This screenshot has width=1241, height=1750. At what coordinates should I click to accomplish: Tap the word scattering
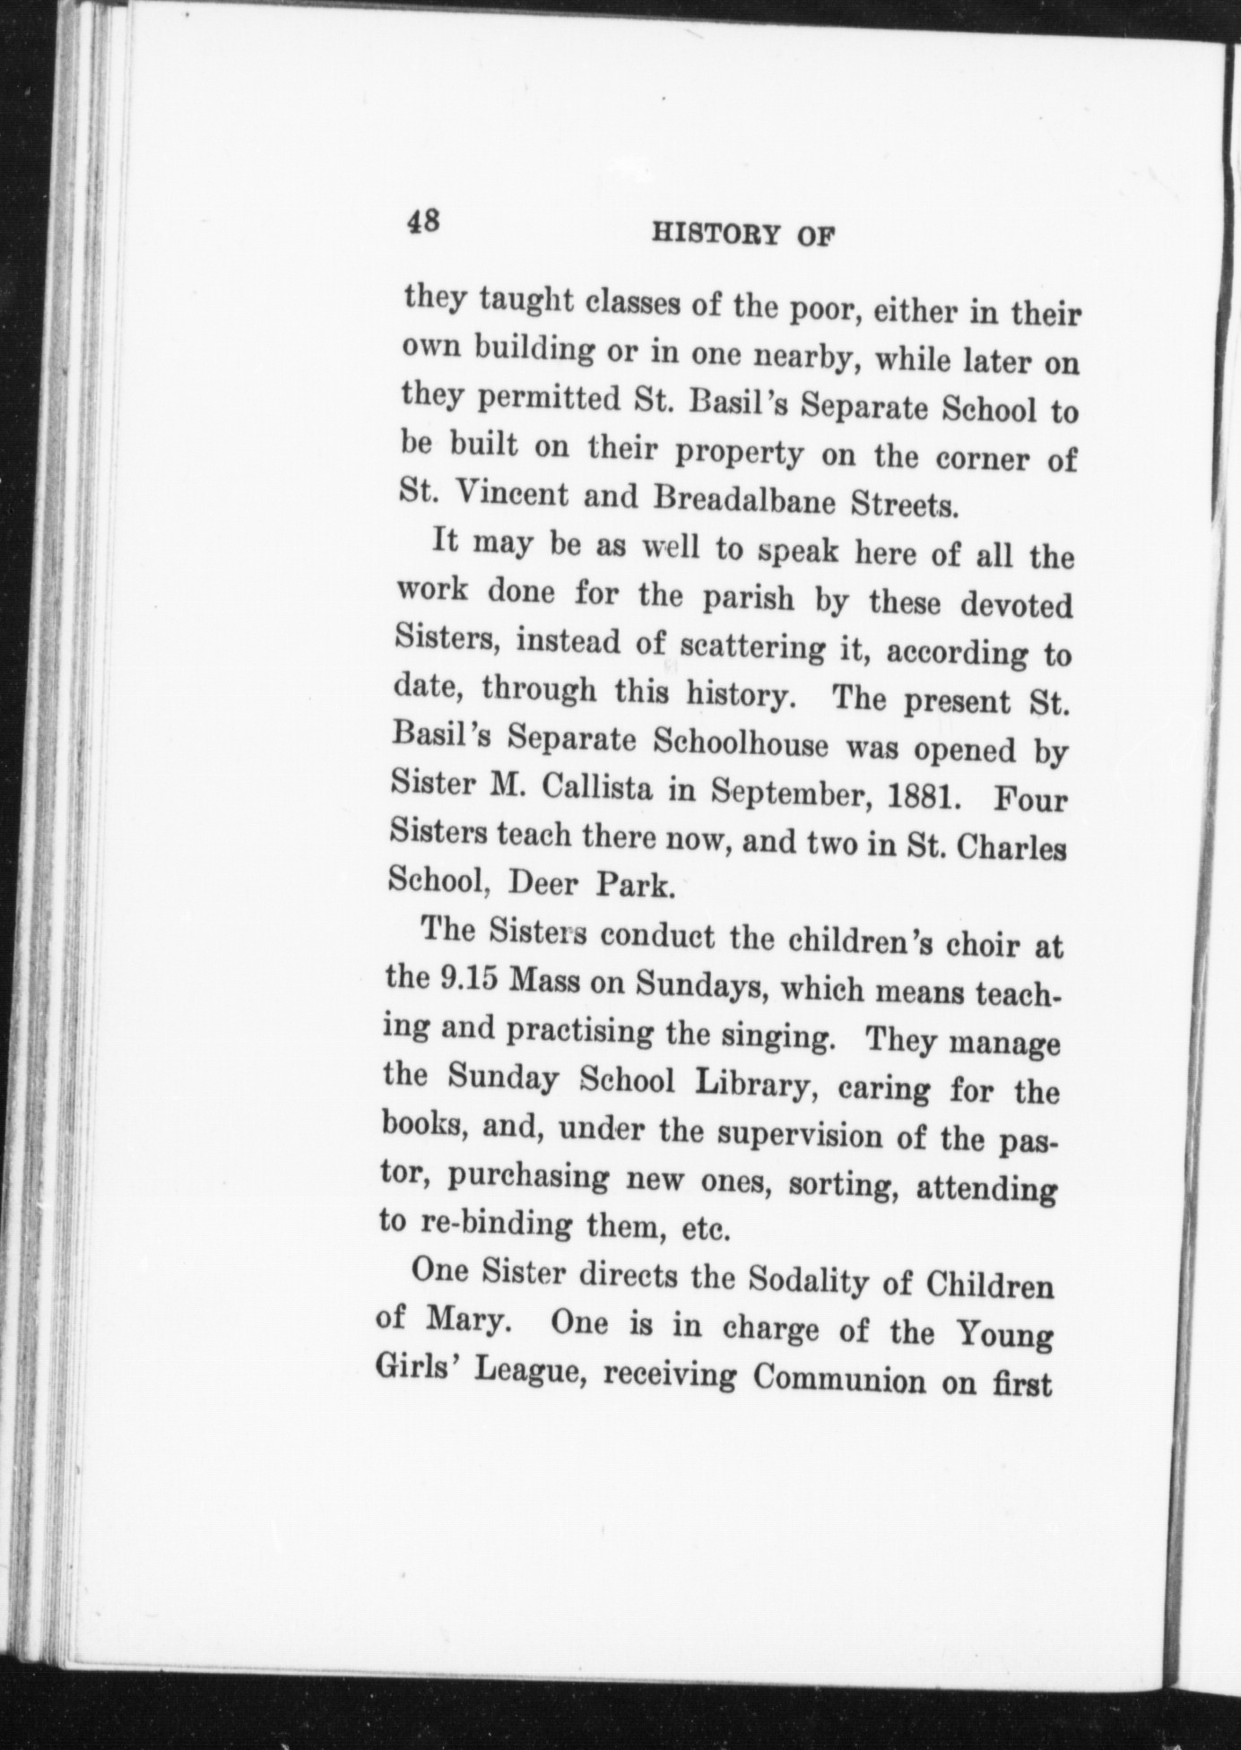point(752,646)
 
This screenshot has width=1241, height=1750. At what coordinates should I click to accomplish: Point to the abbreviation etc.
point(703,1230)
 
